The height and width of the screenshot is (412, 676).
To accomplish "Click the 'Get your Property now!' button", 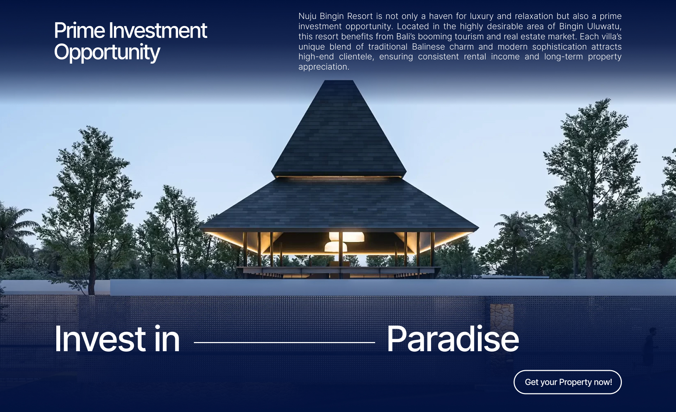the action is click(x=568, y=382).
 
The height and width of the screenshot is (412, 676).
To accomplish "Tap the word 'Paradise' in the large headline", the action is click(x=453, y=339).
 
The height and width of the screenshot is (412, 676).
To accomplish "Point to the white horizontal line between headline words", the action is click(x=284, y=342).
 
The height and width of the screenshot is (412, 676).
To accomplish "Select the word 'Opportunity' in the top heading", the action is click(x=107, y=52).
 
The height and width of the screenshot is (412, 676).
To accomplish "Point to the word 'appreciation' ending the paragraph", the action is click(x=323, y=67).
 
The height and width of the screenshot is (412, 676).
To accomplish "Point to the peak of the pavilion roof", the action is click(x=338, y=81).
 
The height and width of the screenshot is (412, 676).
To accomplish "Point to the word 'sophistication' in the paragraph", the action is click(x=560, y=47).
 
